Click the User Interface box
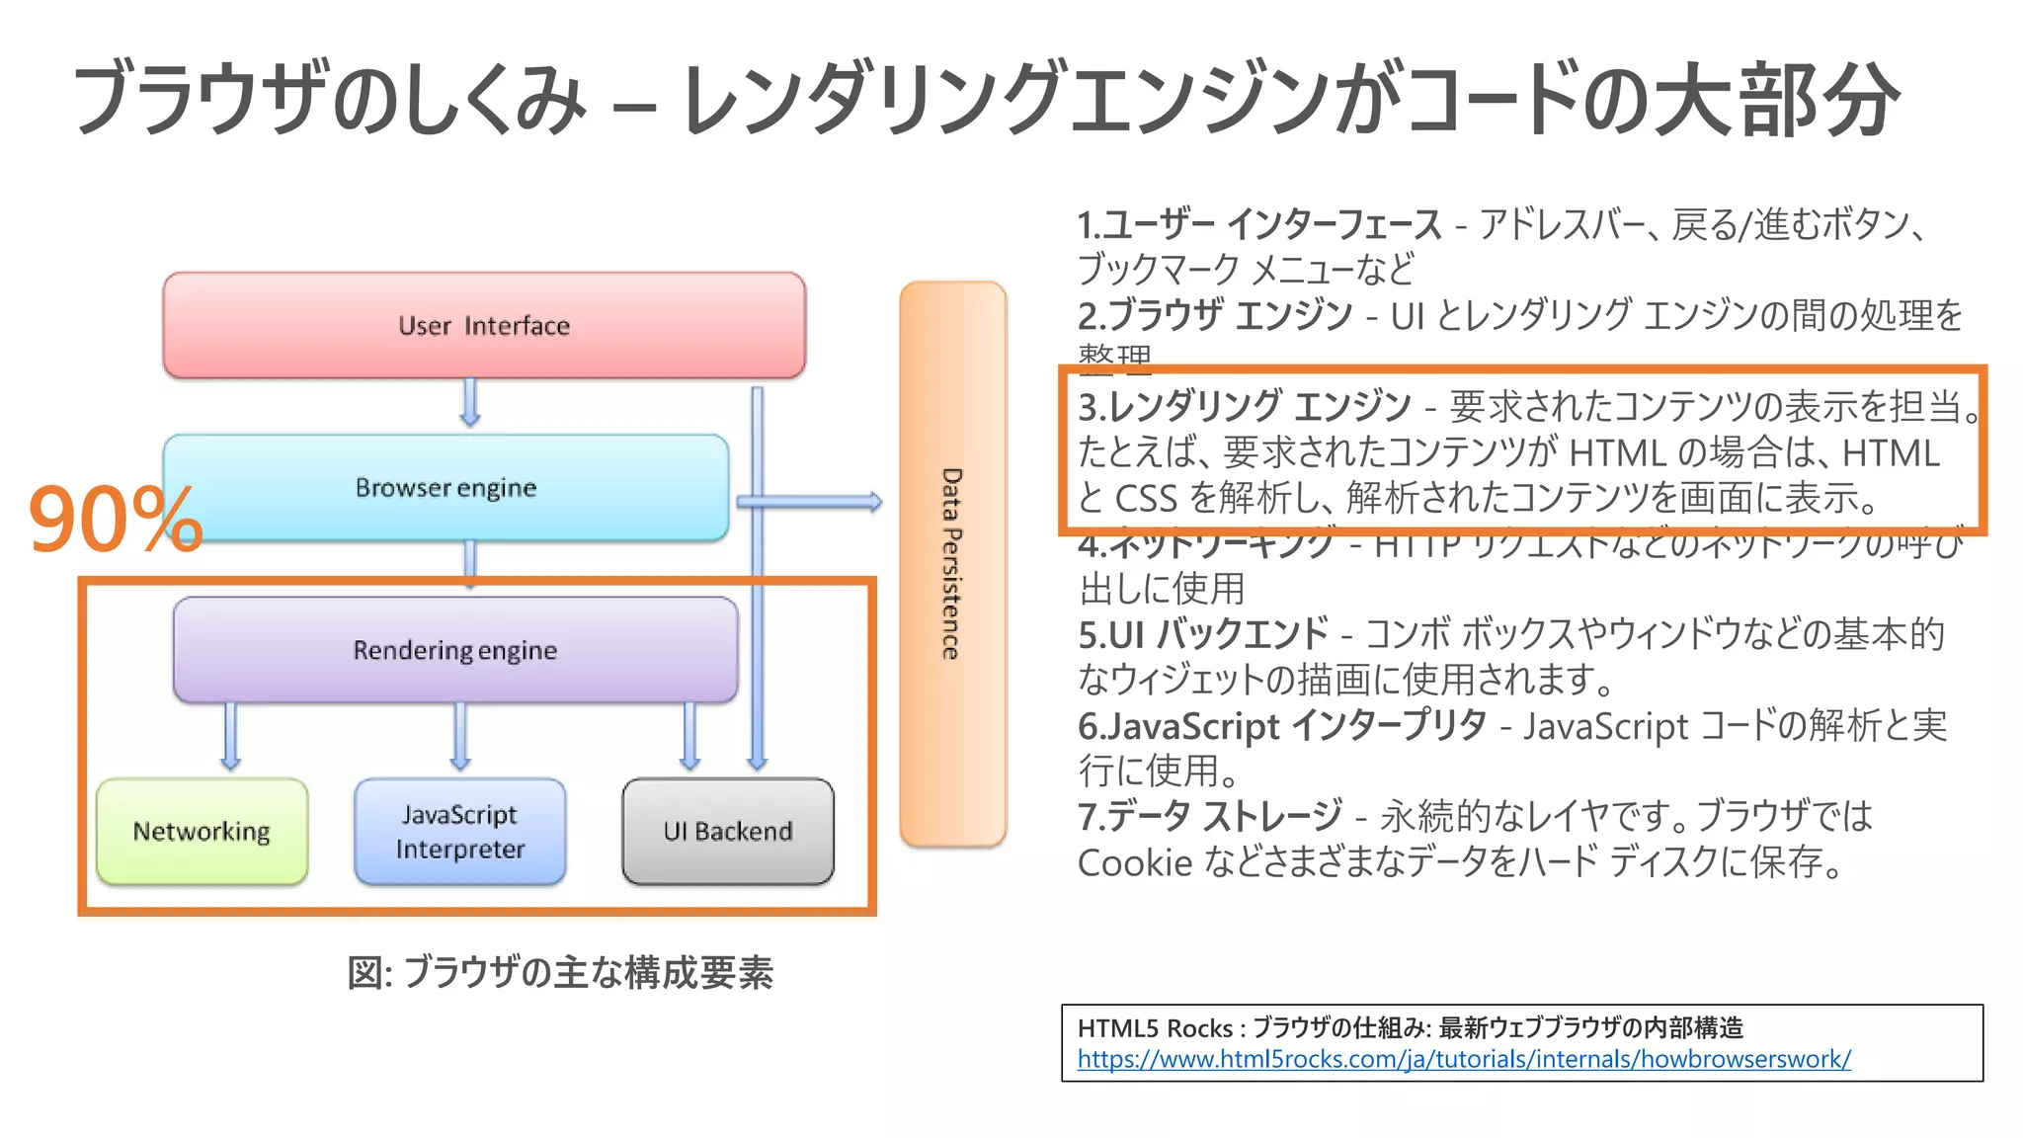pos(484,326)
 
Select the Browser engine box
pos(445,488)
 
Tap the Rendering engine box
pos(455,650)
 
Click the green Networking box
pos(202,832)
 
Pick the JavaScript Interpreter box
pos(460,832)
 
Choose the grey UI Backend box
pos(728,832)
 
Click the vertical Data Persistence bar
pos(952,563)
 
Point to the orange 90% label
pos(115,520)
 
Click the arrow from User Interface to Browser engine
pos(470,403)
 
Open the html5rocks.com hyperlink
pos(1463,1059)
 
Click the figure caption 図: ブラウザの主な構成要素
pos(560,973)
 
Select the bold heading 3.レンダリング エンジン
pos(1245,407)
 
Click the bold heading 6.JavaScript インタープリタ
pos(1281,726)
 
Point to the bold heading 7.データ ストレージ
pos(1209,816)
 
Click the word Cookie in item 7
pos(1135,863)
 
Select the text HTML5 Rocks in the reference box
pos(1154,1028)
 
